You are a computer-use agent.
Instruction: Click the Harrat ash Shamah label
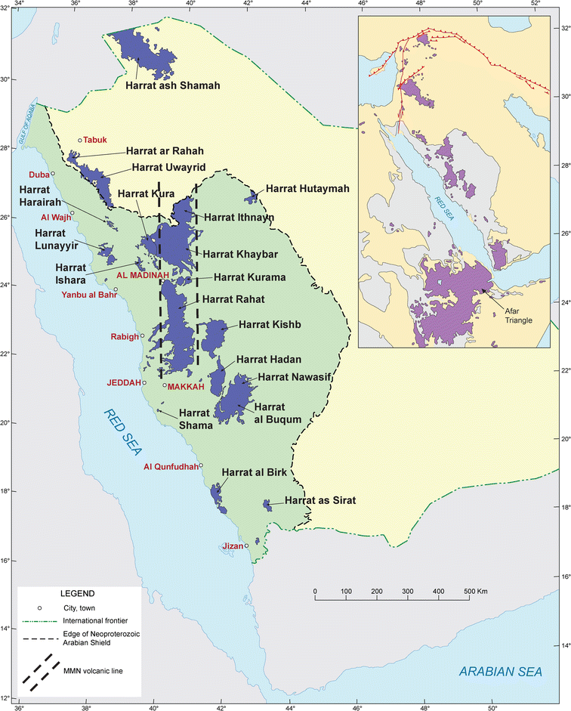tap(173, 86)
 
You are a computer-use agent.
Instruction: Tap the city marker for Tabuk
tap(80, 141)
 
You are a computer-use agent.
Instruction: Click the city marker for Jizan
tap(246, 545)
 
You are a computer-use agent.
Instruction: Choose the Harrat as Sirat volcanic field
tap(267, 504)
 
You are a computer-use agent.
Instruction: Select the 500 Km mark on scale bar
tap(469, 590)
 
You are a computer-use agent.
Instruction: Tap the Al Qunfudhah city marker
tap(201, 465)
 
